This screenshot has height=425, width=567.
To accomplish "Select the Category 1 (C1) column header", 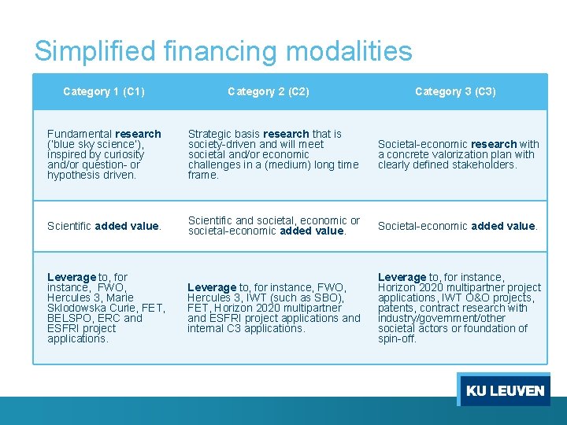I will coord(104,91).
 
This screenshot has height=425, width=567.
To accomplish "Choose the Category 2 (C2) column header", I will coord(269,91).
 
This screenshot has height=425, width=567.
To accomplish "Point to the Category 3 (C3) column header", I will coord(455,91).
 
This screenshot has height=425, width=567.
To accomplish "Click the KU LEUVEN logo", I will coord(504,390).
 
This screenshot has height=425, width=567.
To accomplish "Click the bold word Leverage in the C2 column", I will coord(212,288).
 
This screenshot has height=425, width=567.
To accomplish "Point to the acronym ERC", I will coord(109,318).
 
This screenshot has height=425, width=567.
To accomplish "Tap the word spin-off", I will coord(397,338).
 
